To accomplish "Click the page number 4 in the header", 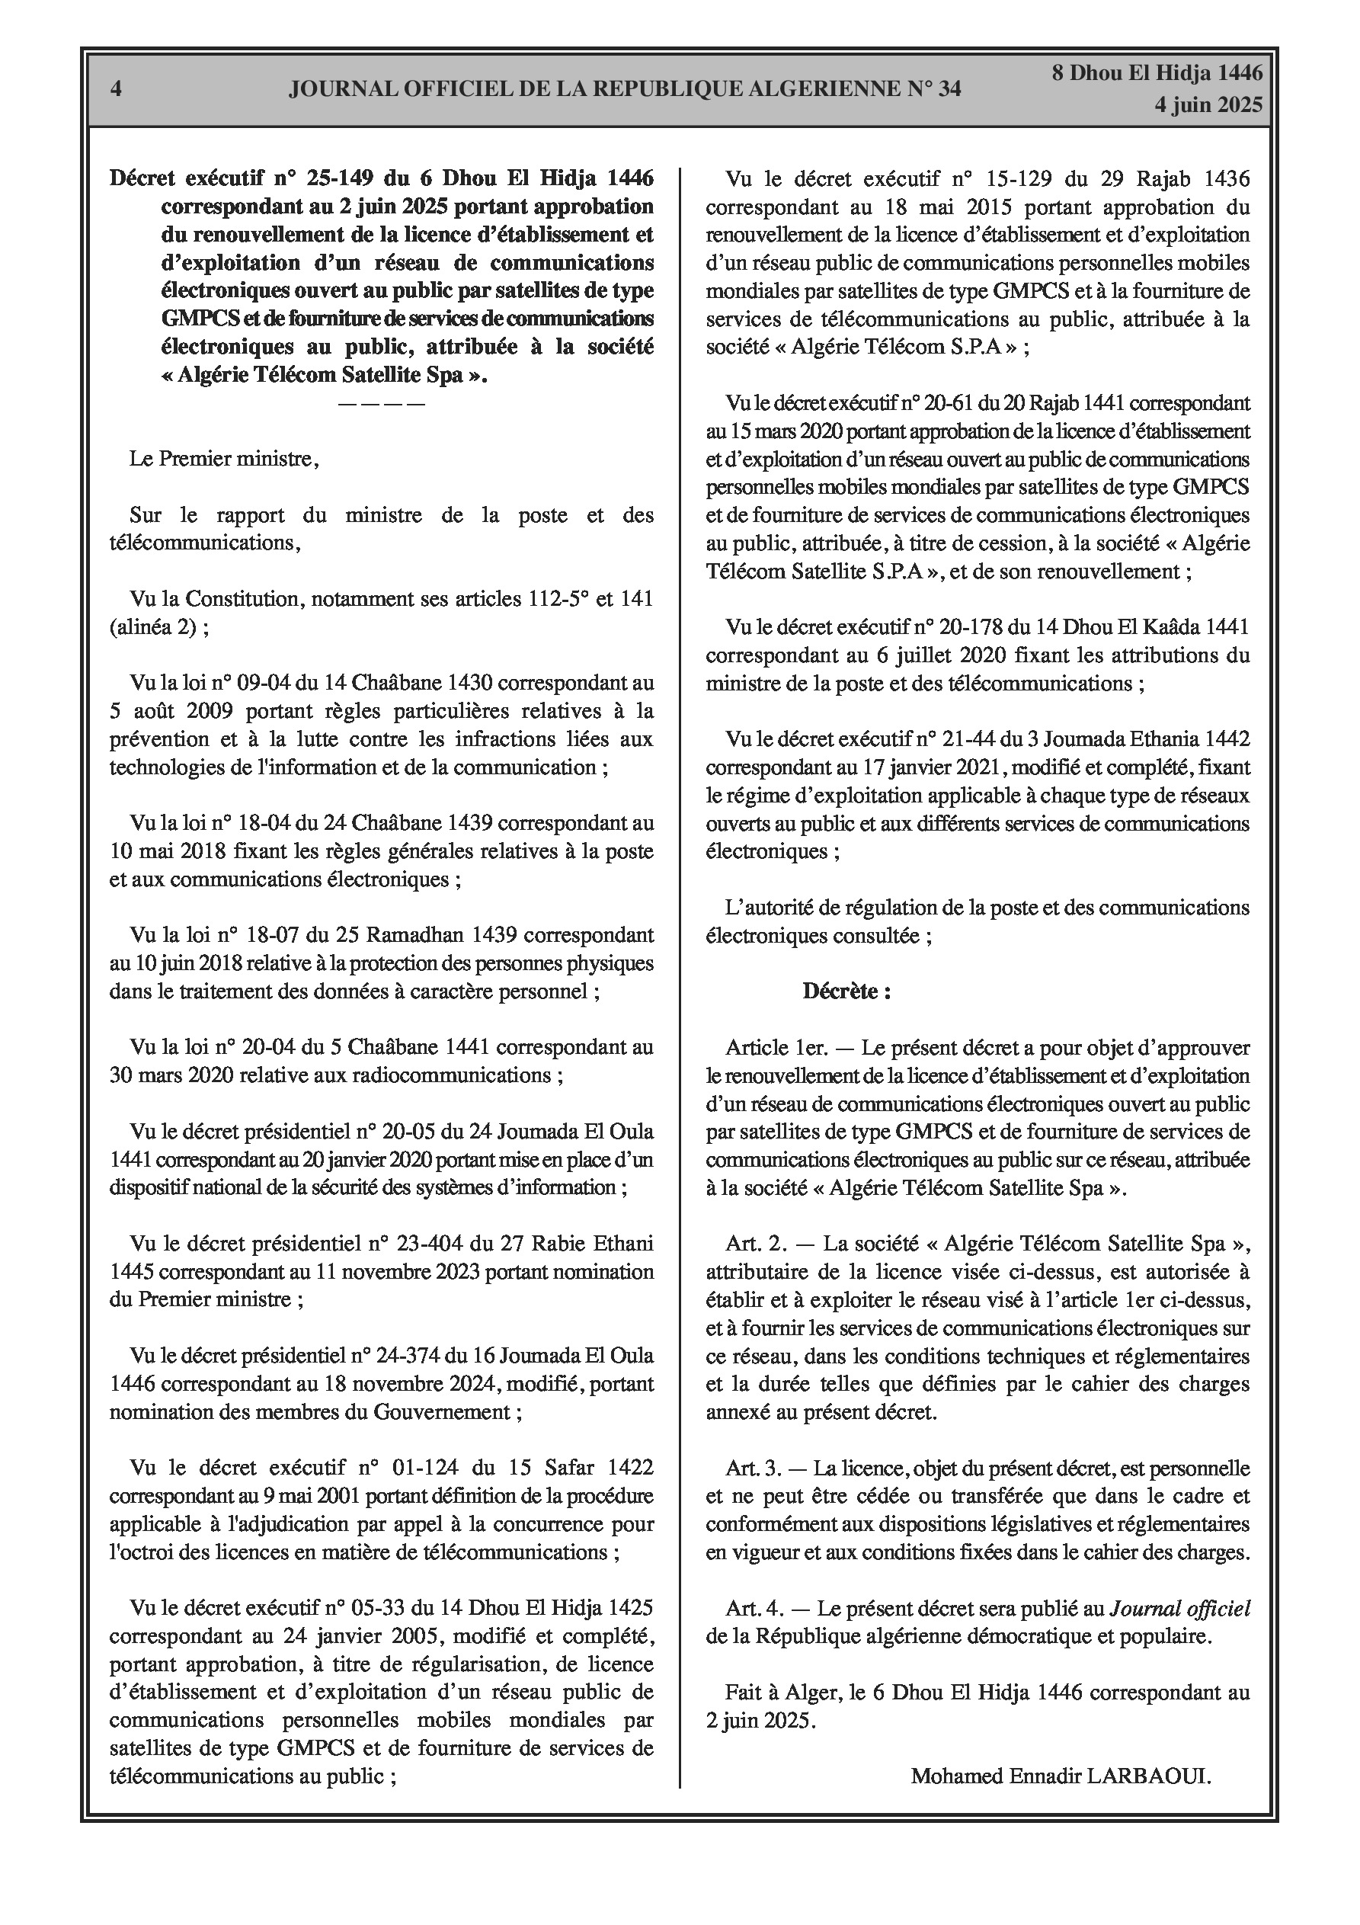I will click(x=117, y=89).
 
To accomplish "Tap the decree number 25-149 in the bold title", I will click(x=344, y=178).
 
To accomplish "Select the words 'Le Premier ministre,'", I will click(x=224, y=459).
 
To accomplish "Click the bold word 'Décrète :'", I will click(x=846, y=991).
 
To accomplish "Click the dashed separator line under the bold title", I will click(x=382, y=404).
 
